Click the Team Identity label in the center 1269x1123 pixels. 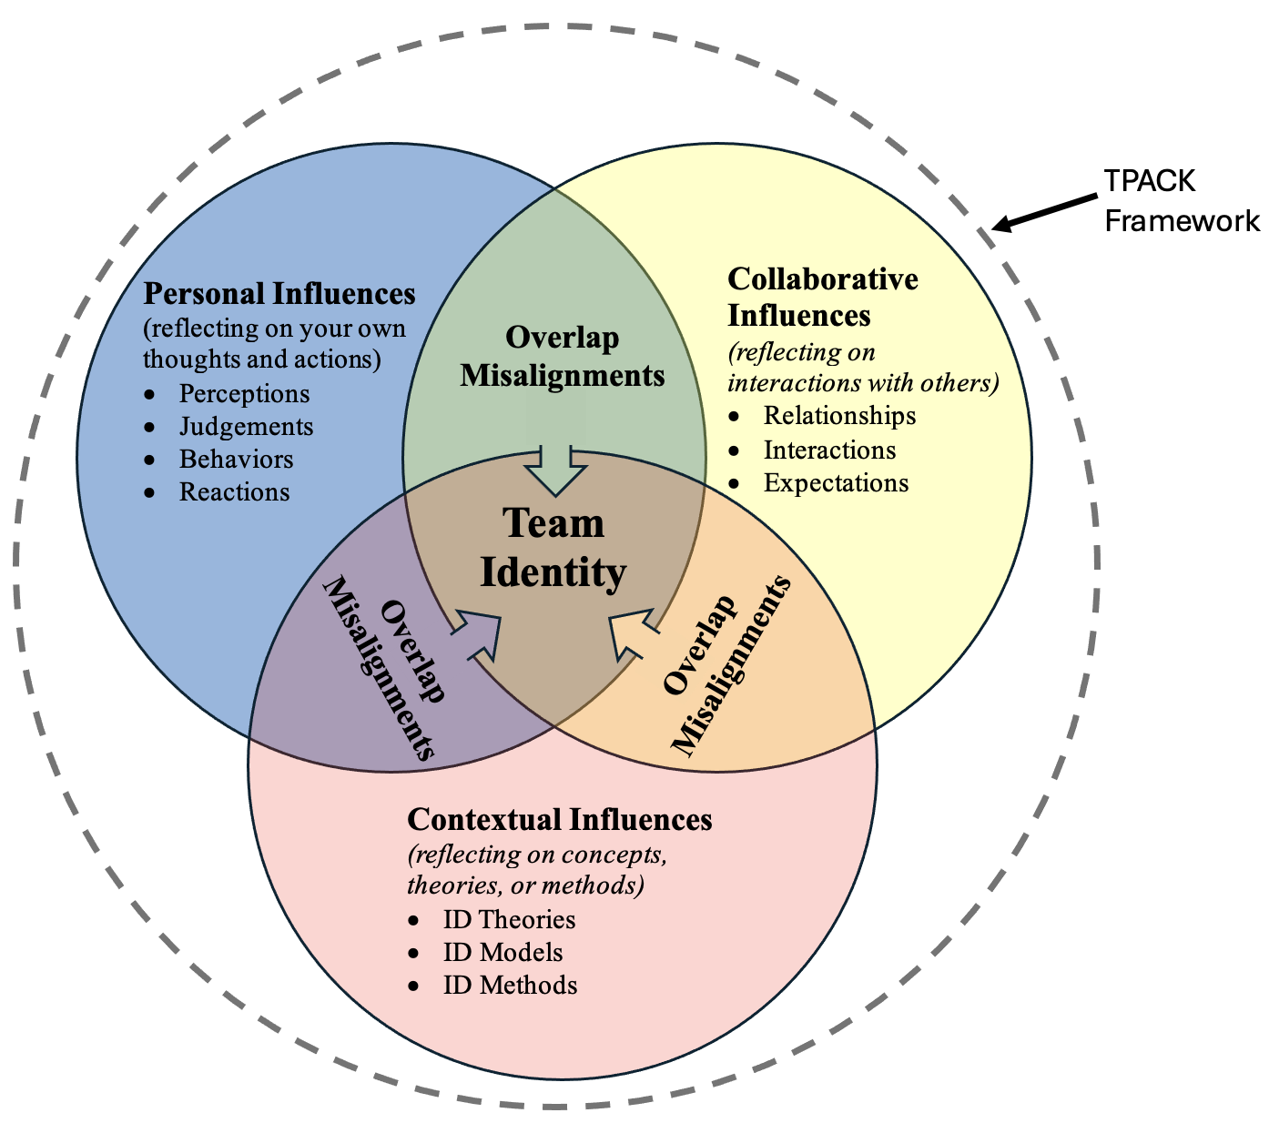pyautogui.click(x=553, y=548)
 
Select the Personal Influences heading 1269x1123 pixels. pyautogui.click(x=279, y=294)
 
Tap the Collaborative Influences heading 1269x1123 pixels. pyautogui.click(x=823, y=297)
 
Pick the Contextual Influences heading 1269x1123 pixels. pyautogui.click(x=559, y=819)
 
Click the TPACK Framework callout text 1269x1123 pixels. pyautogui.click(x=1181, y=200)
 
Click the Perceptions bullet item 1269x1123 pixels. pyautogui.click(x=244, y=393)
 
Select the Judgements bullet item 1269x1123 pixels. pyautogui.click(x=246, y=426)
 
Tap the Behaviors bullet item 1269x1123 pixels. pyautogui.click(x=236, y=459)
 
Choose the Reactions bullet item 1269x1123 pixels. pyautogui.click(x=234, y=491)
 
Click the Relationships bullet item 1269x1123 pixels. pyautogui.click(x=839, y=415)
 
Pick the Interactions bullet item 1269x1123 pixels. pyautogui.click(x=829, y=450)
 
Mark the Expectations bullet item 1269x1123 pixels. pyautogui.click(x=836, y=482)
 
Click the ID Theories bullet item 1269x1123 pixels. pyautogui.click(x=509, y=919)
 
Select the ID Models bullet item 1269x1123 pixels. pyautogui.click(x=503, y=952)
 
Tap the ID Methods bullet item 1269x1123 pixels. pyautogui.click(x=510, y=985)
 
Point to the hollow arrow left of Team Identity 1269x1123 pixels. pyautogui.click(x=481, y=633)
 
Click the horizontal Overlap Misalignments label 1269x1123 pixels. pyautogui.click(x=563, y=356)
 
